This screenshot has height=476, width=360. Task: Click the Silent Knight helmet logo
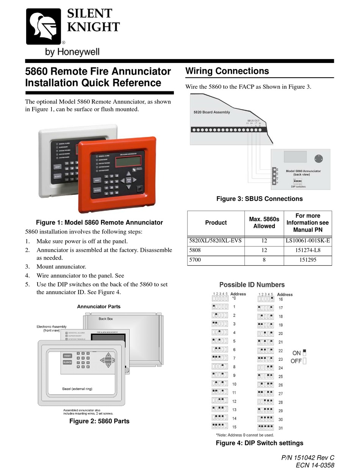pos(43,27)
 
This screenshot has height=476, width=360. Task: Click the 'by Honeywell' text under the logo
pos(72,52)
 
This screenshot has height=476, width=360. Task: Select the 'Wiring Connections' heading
pos(227,71)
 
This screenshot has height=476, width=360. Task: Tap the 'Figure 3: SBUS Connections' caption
pos(259,199)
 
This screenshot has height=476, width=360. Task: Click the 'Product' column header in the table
pos(216,222)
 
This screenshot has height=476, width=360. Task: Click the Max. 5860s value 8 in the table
pos(264,260)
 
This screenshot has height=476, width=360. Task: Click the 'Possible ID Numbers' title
pos(252,285)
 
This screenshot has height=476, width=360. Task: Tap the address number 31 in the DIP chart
pos(280,428)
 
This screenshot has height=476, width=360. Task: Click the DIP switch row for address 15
pos(220,427)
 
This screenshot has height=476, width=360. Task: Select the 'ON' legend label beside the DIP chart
pos(297,353)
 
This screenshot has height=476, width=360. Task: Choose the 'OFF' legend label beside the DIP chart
pos(296,361)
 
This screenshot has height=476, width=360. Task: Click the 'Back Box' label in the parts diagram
pos(106,319)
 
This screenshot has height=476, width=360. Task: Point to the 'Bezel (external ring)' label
pos(77,389)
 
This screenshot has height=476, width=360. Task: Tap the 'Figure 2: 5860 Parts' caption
pos(99,421)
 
